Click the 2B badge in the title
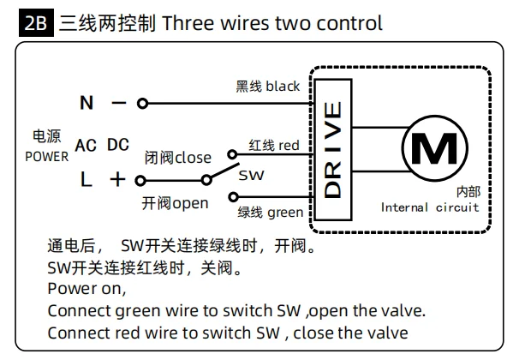pos(36,23)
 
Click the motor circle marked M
pos(434,148)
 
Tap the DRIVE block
pos(332,150)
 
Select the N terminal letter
pos(86,103)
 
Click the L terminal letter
pos(86,180)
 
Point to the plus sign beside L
pos(117,180)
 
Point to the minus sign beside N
pos(119,103)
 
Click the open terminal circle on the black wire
pos(142,104)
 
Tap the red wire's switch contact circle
pos(232,154)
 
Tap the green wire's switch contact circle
pos(233,197)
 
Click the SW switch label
pos(251,175)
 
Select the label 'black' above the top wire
pos(283,86)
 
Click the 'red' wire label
pos(289,146)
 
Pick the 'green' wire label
pos(285,213)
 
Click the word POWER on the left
pos(46,157)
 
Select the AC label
pos(86,146)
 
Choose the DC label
pos(118,145)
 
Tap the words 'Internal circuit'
pos(430,207)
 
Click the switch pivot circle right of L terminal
pos(206,180)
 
